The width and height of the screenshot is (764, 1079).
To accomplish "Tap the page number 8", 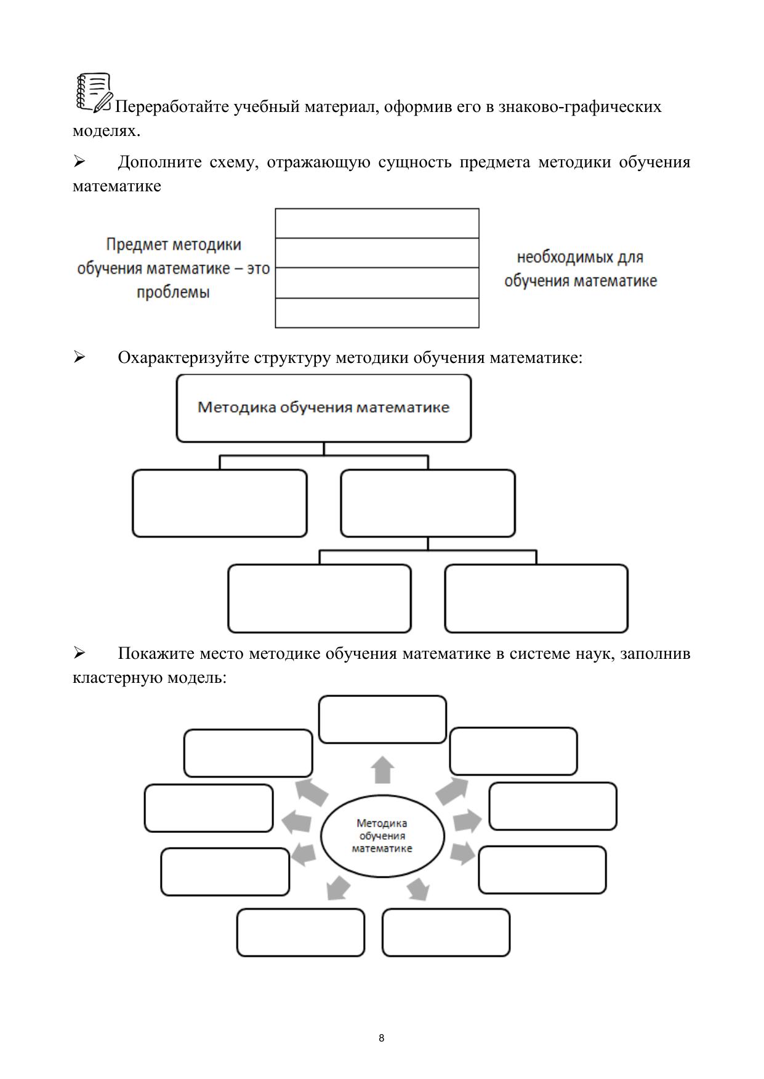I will pos(382,1038).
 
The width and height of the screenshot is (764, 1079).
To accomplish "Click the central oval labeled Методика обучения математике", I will pos(382,836).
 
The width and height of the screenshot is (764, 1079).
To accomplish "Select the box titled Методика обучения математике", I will pos(324,408).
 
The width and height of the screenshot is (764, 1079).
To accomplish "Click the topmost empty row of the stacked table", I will pos(377,223).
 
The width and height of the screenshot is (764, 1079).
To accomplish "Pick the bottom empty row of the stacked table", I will pos(377,313).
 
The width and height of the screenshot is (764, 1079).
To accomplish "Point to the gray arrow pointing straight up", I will pos(383,770).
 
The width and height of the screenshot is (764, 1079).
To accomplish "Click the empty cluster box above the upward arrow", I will pos(382,719).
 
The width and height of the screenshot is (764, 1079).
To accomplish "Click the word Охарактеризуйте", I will pos(183,357).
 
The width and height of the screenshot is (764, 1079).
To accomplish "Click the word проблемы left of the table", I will pos(173,292).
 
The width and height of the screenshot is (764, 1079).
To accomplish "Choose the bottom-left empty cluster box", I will pos(300,932).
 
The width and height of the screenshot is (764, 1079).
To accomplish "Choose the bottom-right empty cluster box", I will pos(446,932).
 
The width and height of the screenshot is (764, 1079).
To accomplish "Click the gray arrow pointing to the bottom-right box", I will pos(419,888).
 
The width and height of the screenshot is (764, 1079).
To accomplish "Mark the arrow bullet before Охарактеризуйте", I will pos(79,357).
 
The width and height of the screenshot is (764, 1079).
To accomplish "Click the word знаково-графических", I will pos(580,107).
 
